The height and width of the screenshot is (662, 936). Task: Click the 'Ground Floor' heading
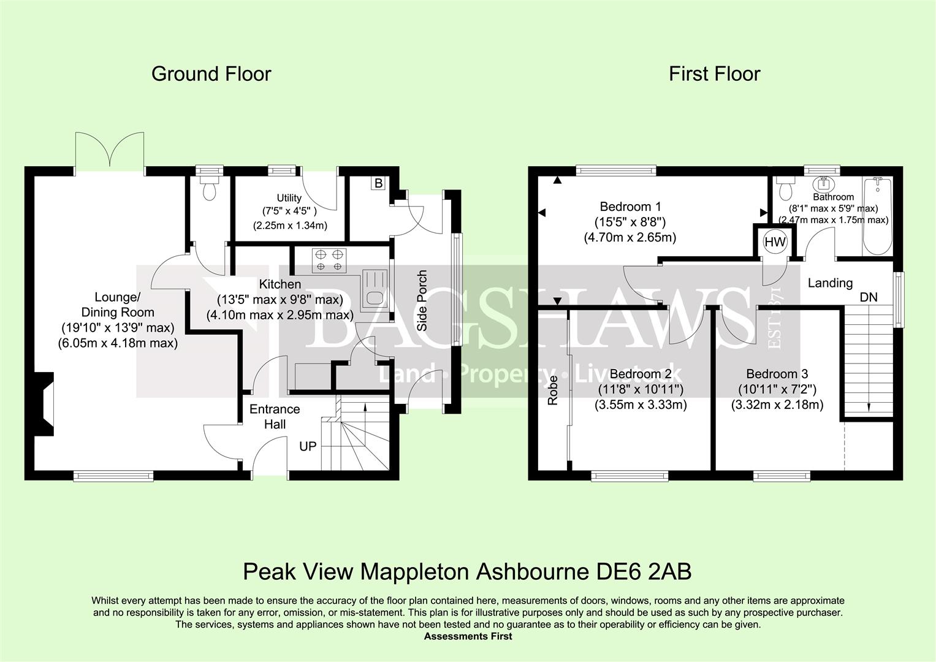tap(211, 74)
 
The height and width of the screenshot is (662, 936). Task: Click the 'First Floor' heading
tap(714, 74)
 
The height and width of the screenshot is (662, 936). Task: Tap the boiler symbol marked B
tap(378, 183)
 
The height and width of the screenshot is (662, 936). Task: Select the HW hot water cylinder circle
tap(775, 242)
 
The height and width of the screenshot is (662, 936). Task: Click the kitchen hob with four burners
tap(329, 261)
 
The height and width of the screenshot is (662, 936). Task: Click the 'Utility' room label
tap(289, 198)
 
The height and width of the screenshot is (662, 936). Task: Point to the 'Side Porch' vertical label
tap(422, 300)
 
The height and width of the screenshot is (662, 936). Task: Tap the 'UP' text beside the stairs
tap(308, 446)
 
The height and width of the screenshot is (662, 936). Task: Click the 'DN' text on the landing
tap(868, 297)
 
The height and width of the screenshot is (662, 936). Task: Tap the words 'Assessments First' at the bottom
tap(468, 636)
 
